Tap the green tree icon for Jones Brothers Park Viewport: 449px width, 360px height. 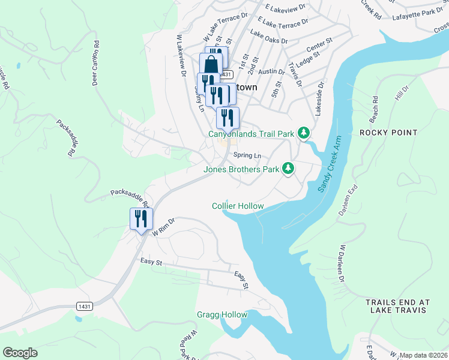(x=289, y=169)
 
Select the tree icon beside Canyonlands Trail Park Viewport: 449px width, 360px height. (x=304, y=133)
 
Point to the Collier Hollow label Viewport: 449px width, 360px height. (x=238, y=206)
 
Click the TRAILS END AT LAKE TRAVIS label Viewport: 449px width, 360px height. (x=396, y=306)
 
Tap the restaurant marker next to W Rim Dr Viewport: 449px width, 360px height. (x=142, y=218)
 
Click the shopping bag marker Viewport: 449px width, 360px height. (x=211, y=64)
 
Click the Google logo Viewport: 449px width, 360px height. (x=20, y=353)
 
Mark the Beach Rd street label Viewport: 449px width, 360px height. (x=375, y=106)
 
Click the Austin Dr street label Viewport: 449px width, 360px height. (x=273, y=71)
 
